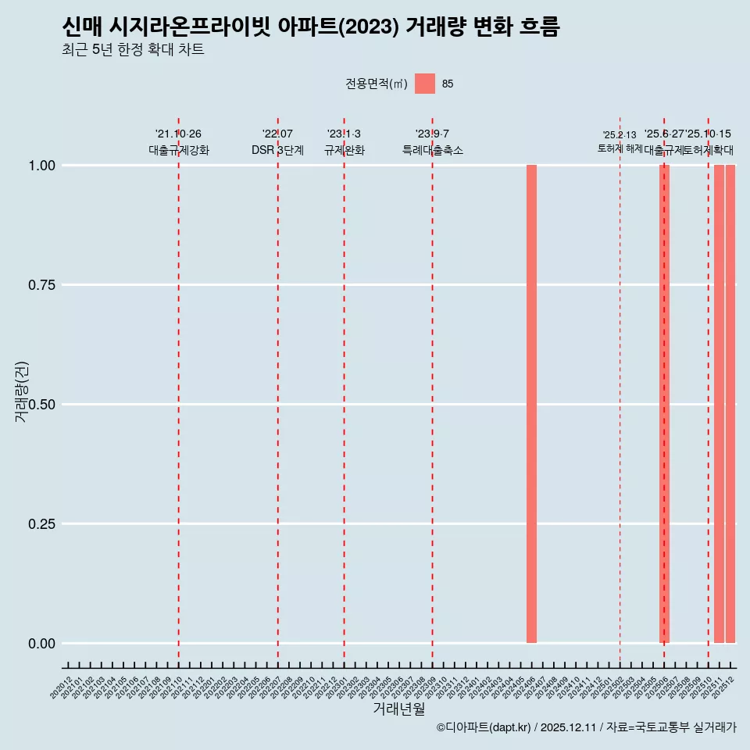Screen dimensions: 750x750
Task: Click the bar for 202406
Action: [531, 404]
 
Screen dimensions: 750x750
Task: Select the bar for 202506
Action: [664, 404]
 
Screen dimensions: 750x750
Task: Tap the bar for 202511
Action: [719, 404]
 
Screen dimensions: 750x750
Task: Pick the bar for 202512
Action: [730, 404]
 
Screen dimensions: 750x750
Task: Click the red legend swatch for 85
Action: [425, 84]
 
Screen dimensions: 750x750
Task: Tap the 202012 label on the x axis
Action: [62, 687]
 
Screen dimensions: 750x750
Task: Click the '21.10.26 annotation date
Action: [178, 134]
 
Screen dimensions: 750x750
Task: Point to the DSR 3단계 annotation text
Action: [277, 150]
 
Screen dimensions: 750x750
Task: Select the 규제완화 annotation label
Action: [345, 150]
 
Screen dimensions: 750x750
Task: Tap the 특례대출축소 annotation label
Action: [433, 150]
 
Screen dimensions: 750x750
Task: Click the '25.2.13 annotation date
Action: [620, 135]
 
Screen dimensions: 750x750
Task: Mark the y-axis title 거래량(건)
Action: [22, 392]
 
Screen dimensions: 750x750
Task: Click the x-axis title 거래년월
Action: [398, 709]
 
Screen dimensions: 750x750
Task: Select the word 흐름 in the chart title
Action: [539, 27]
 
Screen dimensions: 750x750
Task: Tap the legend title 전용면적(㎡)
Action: [376, 84]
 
